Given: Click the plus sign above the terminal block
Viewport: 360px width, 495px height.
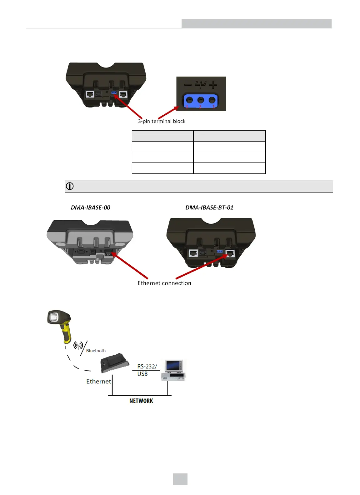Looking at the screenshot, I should pyautogui.click(x=213, y=84).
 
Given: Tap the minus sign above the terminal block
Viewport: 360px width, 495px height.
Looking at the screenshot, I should pyautogui.click(x=188, y=84).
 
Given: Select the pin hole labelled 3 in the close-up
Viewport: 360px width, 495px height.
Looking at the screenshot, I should pyautogui.click(x=189, y=100).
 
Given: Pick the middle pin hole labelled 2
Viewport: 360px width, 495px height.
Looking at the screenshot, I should pyautogui.click(x=201, y=100).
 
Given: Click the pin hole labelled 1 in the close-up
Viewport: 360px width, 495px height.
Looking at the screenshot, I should pyautogui.click(x=212, y=100).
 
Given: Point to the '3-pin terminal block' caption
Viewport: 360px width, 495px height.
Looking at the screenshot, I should pyautogui.click(x=162, y=121).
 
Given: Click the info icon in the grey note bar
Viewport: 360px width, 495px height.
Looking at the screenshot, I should pyautogui.click(x=70, y=186).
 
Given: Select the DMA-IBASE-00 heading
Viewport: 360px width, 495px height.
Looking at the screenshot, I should pyautogui.click(x=91, y=207).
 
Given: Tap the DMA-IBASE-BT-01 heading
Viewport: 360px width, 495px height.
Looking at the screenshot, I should pyautogui.click(x=209, y=207).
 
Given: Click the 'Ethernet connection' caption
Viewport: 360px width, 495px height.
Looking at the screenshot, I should pyautogui.click(x=164, y=283).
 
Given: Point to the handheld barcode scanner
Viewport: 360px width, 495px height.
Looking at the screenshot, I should pyautogui.click(x=59, y=325).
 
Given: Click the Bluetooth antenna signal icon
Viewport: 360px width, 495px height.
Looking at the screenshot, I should pyautogui.click(x=78, y=345).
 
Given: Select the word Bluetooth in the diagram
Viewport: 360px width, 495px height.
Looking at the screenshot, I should pyautogui.click(x=96, y=351).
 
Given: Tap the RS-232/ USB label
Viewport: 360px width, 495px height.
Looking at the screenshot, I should pyautogui.click(x=147, y=370).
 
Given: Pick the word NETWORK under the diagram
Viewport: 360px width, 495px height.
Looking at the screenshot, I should pyautogui.click(x=141, y=401).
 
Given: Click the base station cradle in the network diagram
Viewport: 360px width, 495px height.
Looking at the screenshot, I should pyautogui.click(x=114, y=363).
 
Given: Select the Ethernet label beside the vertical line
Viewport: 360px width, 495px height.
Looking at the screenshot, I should pyautogui.click(x=98, y=382).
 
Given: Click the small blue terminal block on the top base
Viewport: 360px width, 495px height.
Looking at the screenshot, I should pyautogui.click(x=114, y=93).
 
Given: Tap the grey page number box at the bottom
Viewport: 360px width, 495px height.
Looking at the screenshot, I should pyautogui.click(x=180, y=479).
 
